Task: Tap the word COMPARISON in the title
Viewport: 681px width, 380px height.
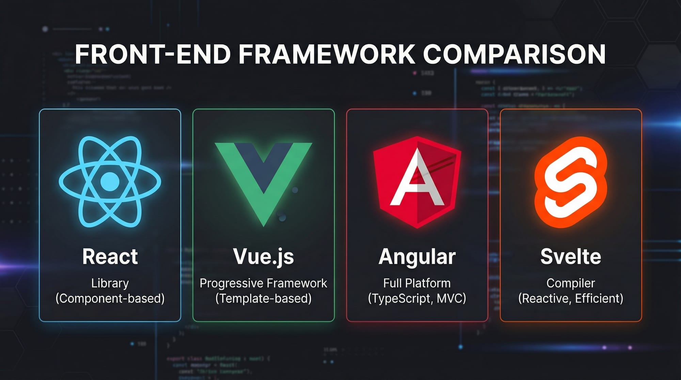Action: (x=514, y=54)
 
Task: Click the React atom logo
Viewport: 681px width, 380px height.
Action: (x=110, y=181)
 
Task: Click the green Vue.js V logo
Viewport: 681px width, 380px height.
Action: (x=263, y=177)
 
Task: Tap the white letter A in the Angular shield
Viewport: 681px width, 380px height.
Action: (x=416, y=180)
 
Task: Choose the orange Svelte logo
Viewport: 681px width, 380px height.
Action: (x=571, y=182)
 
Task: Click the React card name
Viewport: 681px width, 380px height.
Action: (x=110, y=256)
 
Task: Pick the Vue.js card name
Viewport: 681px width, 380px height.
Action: (x=263, y=256)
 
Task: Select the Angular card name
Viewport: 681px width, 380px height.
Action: (x=417, y=256)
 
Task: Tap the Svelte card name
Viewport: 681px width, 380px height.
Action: (x=571, y=256)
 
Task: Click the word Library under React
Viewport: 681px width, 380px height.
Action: (x=110, y=283)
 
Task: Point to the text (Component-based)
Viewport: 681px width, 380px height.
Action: (x=110, y=299)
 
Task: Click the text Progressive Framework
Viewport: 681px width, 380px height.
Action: (x=263, y=283)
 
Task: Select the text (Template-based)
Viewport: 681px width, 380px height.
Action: (x=263, y=299)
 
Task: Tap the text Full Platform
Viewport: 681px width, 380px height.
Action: (x=417, y=283)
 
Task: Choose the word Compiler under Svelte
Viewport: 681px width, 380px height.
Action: (x=571, y=283)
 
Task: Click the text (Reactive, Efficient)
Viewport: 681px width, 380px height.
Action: (x=571, y=299)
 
